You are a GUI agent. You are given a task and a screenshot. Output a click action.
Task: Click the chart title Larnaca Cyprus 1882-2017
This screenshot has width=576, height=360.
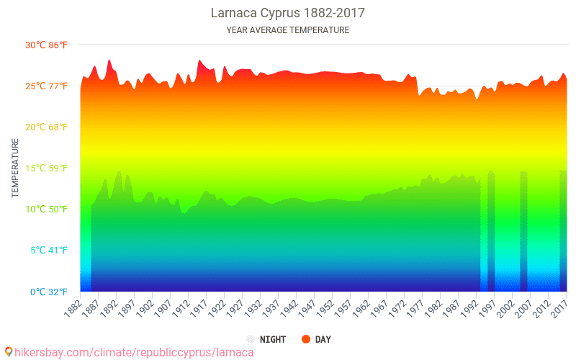(288, 13)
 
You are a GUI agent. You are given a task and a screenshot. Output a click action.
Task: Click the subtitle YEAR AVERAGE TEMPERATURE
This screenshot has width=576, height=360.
(288, 30)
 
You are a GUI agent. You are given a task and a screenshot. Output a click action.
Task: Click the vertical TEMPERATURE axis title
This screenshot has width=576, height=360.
(15, 168)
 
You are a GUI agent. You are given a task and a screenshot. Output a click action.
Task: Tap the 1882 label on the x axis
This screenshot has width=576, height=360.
(71, 308)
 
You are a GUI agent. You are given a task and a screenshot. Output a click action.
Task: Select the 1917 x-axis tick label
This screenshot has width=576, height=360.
(197, 308)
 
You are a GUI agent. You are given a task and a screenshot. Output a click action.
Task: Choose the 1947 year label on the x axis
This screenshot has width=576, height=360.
(305, 308)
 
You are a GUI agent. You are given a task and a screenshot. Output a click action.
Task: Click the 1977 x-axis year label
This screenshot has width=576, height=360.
(413, 308)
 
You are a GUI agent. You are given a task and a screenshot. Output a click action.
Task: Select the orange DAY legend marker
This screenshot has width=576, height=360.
(305, 339)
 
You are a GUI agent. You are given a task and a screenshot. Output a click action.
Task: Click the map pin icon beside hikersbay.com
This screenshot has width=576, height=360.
(9, 352)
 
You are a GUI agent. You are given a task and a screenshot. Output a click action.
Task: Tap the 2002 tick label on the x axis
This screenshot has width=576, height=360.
(503, 308)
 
